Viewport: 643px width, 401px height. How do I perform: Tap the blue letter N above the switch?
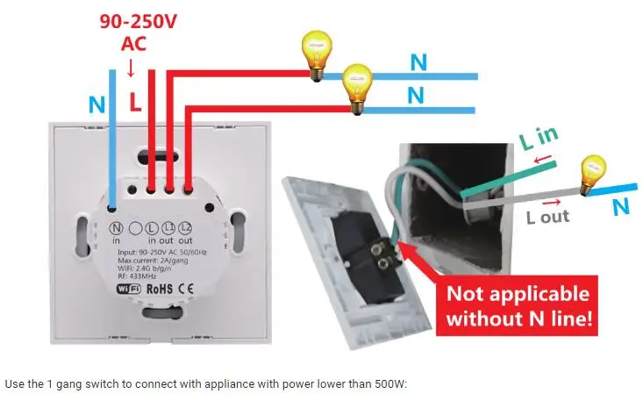tap(97, 104)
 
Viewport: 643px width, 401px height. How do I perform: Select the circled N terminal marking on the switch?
tap(116, 227)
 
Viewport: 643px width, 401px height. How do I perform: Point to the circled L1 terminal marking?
tap(170, 227)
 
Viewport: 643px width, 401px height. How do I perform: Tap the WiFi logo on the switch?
tap(130, 288)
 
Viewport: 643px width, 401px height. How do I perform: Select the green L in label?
tap(538, 138)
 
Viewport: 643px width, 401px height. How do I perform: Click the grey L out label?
tap(548, 216)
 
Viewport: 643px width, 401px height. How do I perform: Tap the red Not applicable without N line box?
tap(519, 305)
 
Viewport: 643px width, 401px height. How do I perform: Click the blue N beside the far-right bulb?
tap(621, 207)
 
